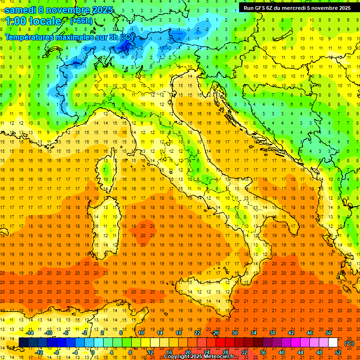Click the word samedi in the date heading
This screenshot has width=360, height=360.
20,10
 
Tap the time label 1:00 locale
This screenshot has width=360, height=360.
33,21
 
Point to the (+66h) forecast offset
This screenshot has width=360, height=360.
82,21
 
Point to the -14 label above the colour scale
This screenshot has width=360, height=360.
30,333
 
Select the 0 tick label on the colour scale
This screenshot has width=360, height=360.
93,352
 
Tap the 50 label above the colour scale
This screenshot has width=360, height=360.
329,333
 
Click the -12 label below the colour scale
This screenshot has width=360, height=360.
39,352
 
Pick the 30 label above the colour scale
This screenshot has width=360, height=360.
234,333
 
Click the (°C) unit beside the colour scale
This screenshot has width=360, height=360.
349,343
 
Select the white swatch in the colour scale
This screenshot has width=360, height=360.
333,343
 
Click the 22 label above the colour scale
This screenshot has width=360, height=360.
197,333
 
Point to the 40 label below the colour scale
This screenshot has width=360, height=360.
281,352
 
